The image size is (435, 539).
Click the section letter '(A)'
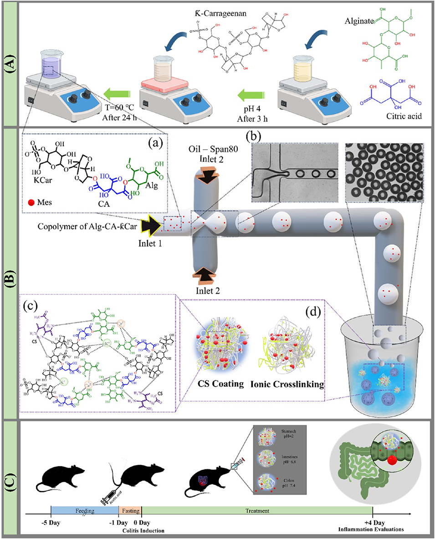[9, 64]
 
